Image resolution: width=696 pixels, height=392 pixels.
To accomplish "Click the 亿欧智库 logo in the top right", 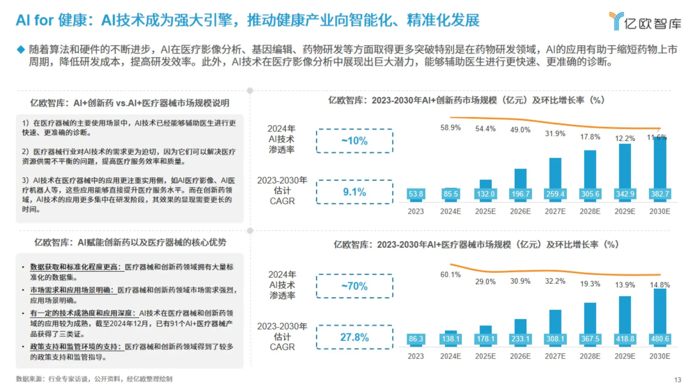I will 645,21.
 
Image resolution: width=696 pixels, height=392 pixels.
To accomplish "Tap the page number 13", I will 678,380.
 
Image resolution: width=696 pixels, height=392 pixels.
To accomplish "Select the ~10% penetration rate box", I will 354,141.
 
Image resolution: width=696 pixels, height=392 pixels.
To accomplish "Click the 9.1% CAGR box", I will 354,192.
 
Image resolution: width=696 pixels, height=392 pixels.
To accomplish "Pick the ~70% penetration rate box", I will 354,286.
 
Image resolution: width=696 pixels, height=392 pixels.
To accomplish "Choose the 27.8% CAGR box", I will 354,338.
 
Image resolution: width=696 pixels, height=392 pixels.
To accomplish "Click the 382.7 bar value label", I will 659,194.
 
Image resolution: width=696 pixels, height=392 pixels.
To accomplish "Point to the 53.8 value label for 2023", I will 415,194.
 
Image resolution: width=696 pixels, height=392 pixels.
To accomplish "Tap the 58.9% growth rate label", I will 450,128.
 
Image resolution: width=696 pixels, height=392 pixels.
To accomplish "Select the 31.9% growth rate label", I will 555,134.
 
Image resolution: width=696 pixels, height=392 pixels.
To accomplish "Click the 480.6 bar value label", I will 659,339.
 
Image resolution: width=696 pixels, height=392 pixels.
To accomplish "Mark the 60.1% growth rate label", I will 450,275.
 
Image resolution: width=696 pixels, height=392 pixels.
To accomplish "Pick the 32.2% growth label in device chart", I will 555,281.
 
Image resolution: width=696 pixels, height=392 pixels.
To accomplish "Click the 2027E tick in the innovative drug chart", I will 555,211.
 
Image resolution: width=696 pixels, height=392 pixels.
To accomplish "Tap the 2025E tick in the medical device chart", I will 485,356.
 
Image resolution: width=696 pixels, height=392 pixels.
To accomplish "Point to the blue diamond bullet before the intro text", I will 21,50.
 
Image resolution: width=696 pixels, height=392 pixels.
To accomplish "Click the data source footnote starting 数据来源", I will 94,379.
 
